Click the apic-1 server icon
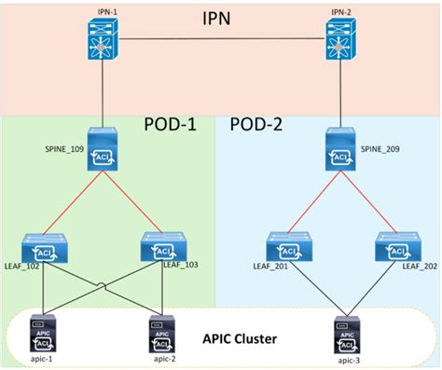tap(42, 333)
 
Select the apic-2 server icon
tap(161, 333)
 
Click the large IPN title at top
tap(219, 19)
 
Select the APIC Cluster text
tap(244, 336)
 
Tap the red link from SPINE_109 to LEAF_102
tap(71, 202)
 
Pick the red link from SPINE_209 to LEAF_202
tap(370, 203)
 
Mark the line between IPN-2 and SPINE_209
tap(340, 98)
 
